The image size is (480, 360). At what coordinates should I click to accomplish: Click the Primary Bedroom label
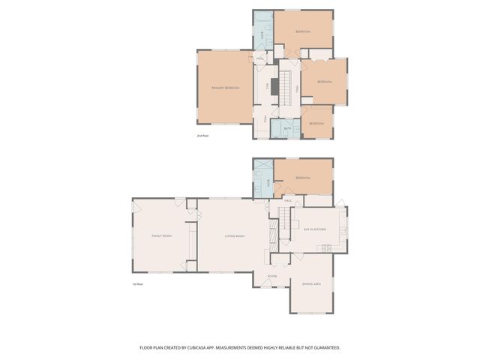tap(226, 88)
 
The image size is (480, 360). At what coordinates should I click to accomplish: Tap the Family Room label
tap(162, 235)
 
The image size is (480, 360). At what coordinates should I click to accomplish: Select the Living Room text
tap(235, 235)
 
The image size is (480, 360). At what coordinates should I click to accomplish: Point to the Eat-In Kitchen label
tap(314, 229)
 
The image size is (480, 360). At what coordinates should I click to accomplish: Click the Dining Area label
tap(311, 283)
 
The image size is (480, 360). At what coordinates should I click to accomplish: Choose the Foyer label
tap(271, 276)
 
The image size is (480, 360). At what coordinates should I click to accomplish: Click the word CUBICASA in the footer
tap(220, 347)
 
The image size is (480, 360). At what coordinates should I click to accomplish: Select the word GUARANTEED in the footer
tap(324, 347)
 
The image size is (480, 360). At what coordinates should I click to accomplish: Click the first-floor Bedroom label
tap(302, 178)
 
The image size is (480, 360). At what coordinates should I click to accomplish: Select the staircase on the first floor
tap(284, 224)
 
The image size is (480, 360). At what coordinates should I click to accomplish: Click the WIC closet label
tap(267, 85)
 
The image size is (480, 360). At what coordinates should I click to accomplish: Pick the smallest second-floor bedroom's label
tap(316, 124)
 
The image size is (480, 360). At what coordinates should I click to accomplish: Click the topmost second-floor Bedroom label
tap(302, 31)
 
